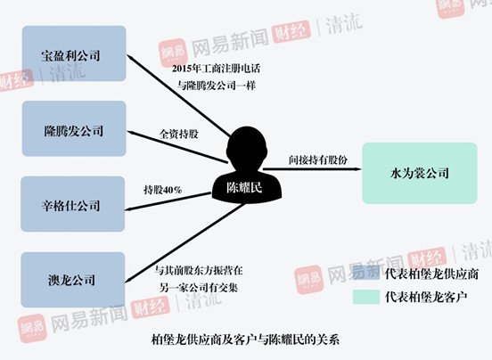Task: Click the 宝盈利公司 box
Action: point(74,53)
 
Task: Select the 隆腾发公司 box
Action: point(74,128)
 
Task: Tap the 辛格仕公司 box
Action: point(73,204)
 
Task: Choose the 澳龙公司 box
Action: point(73,280)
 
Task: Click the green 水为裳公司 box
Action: point(420,173)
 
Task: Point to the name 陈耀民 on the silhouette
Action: point(244,188)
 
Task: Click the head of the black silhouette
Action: point(247,146)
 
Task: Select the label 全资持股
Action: point(179,135)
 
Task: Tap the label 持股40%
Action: point(163,190)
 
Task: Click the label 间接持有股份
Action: point(318,160)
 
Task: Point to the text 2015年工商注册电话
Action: point(216,69)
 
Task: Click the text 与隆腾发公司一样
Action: point(217,86)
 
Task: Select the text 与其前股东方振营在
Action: point(198,270)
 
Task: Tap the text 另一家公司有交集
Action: point(198,288)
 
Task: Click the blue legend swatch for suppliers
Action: point(365,273)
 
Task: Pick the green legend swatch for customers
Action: point(365,297)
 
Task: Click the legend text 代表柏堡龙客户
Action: point(426,297)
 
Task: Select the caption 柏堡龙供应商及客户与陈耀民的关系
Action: point(245,340)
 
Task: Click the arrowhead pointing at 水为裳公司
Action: point(357,169)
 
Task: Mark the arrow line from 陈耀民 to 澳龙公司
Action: point(185,242)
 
